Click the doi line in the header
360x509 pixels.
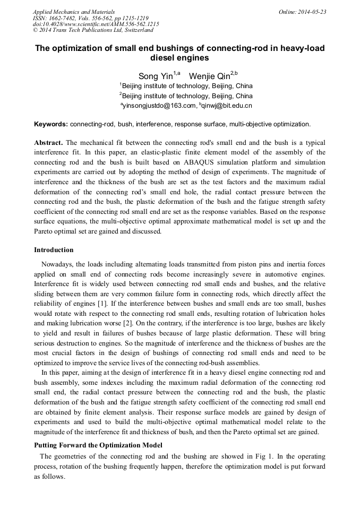click(x=96, y=24)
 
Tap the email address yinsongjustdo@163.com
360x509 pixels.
click(x=158, y=106)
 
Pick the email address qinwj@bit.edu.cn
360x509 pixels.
click(x=225, y=106)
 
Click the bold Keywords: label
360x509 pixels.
click(x=51, y=124)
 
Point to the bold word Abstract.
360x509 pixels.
click(x=48, y=143)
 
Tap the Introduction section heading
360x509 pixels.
click(x=54, y=250)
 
